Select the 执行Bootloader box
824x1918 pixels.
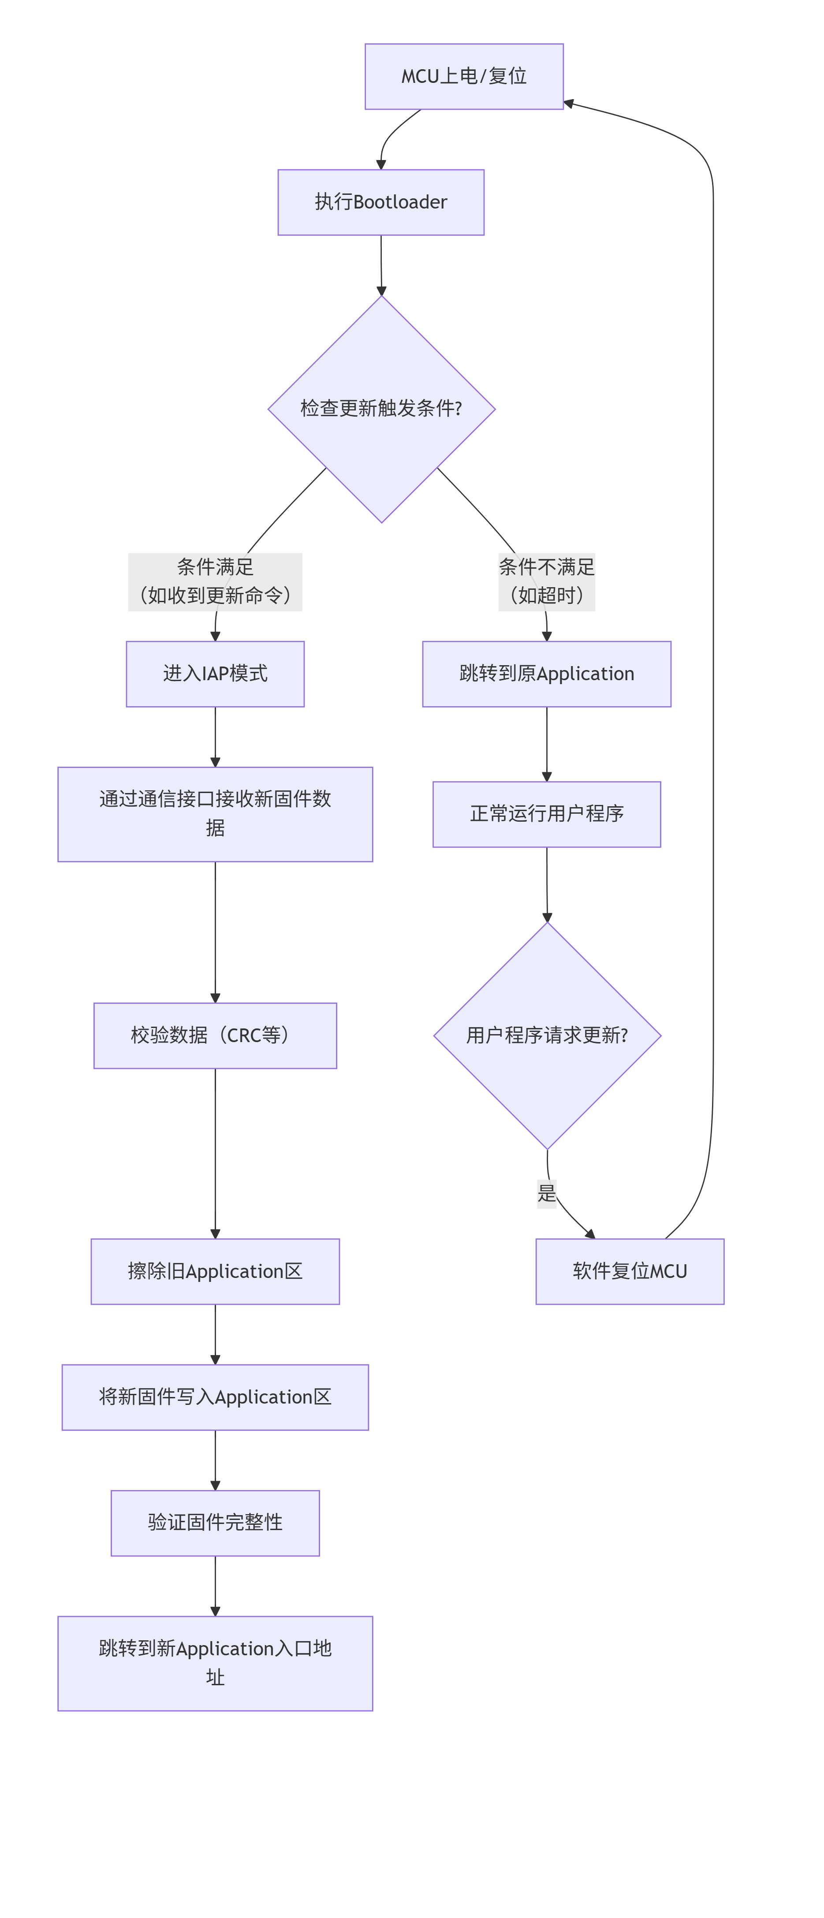(380, 202)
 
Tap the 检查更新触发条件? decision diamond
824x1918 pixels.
(381, 409)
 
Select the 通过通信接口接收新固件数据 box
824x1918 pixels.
(215, 814)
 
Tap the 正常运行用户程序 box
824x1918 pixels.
(546, 814)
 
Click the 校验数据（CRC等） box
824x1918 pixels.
(215, 1035)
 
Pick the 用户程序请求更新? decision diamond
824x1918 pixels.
(546, 1035)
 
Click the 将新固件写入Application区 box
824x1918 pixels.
(215, 1397)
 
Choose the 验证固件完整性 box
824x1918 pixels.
(215, 1523)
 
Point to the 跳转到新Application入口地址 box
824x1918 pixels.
(215, 1663)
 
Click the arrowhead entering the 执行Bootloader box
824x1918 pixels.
(381, 164)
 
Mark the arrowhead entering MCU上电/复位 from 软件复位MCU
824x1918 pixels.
(569, 104)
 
